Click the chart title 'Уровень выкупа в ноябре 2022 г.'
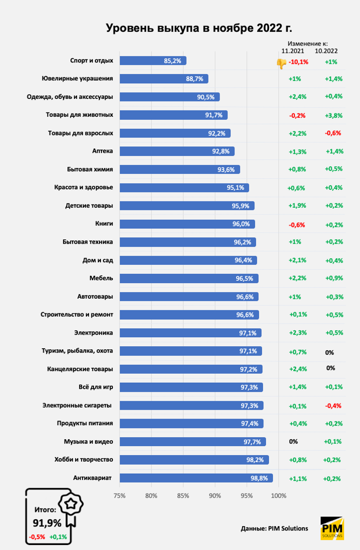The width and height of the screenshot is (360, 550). click(198, 28)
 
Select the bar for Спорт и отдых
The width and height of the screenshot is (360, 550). click(152, 60)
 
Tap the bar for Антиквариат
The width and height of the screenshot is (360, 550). click(196, 478)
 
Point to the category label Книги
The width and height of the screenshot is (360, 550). click(103, 223)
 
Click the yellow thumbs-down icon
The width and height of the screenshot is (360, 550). click(281, 63)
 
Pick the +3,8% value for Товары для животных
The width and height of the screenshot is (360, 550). click(333, 115)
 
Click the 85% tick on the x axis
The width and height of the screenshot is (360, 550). click(183, 496)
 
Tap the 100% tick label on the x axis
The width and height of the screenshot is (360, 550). click(278, 496)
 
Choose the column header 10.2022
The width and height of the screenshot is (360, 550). click(326, 51)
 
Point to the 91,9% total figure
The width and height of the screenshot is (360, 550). click(47, 523)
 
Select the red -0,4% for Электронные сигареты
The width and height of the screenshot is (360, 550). click(333, 406)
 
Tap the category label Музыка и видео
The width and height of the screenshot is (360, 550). click(88, 442)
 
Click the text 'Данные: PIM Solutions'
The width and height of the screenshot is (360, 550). click(274, 529)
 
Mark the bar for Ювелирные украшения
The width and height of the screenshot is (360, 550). click(163, 78)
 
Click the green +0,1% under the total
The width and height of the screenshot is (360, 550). click(58, 537)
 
